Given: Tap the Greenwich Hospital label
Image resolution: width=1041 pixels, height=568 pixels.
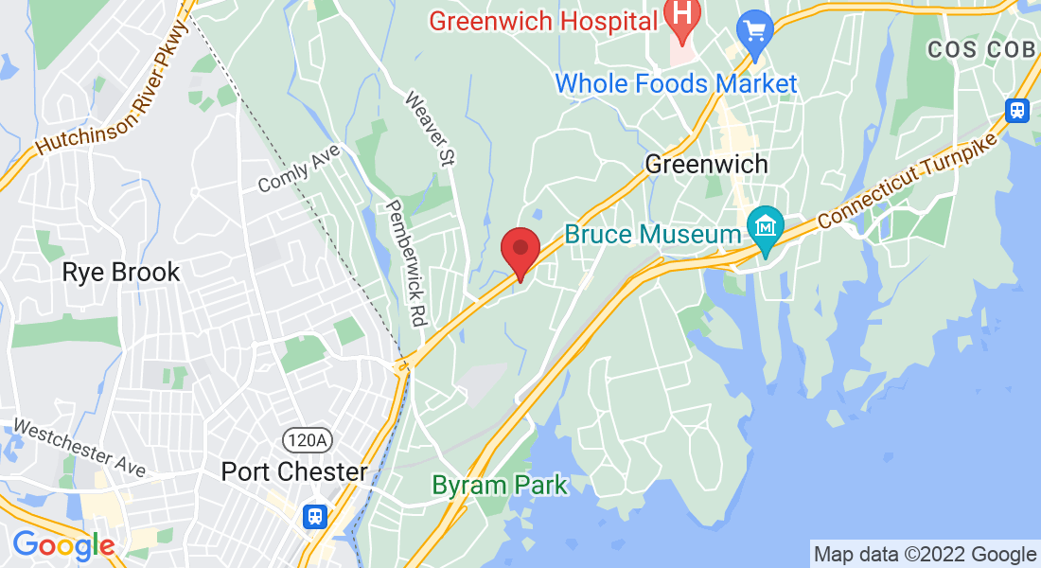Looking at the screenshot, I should pos(544,19).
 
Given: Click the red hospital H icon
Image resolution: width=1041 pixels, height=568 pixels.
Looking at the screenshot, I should pos(679,13).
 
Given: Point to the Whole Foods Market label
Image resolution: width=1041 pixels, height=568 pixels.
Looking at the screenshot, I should pos(676,83).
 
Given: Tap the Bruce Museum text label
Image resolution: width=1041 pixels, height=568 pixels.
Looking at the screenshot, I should pos(653,234).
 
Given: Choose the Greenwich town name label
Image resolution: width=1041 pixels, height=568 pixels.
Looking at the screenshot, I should pos(706,164).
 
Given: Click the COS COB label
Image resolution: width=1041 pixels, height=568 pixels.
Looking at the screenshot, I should pos(980,49).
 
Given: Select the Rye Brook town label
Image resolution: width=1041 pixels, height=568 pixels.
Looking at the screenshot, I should pos(120,273).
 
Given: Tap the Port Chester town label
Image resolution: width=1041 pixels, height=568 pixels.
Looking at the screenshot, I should pos(294,471).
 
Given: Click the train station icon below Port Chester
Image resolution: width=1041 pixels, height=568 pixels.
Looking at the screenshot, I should pos(315,516).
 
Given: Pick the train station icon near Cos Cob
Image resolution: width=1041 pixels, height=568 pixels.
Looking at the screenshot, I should pos(1017,110).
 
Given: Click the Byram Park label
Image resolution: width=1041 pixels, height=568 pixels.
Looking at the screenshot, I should pos(499,486).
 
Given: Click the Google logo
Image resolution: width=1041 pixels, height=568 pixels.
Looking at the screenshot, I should pos(63,546).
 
